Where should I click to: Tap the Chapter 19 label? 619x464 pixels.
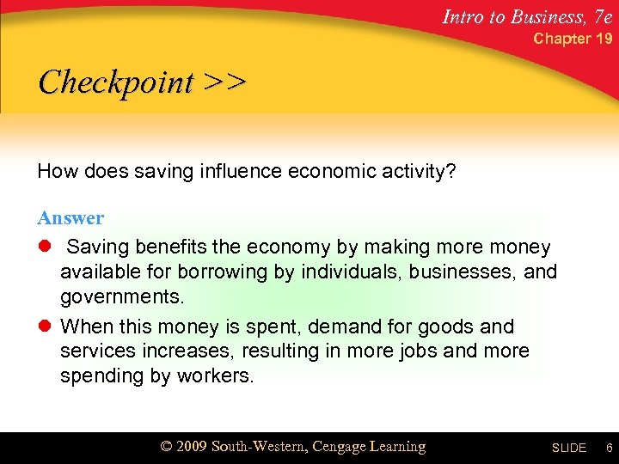[x=573, y=39]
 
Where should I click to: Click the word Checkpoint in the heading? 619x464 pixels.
[x=117, y=82]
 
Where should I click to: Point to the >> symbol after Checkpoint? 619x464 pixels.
[x=225, y=82]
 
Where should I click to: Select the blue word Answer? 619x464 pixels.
[x=70, y=218]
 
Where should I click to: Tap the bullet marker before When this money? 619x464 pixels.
[x=44, y=327]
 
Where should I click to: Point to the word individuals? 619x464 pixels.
[x=328, y=272]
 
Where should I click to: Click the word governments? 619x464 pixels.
[x=122, y=297]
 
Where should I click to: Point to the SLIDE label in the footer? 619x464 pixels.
[x=568, y=448]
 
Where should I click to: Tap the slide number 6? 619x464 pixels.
[x=608, y=448]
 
